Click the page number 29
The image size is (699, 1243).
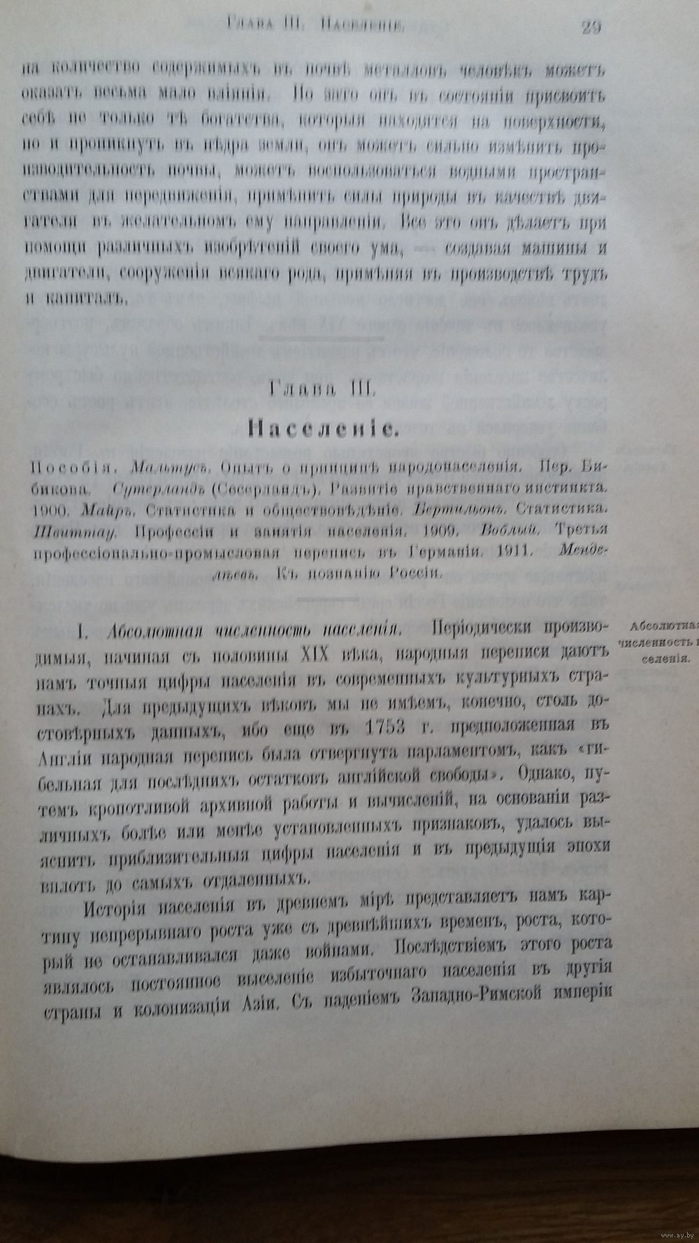591,28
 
